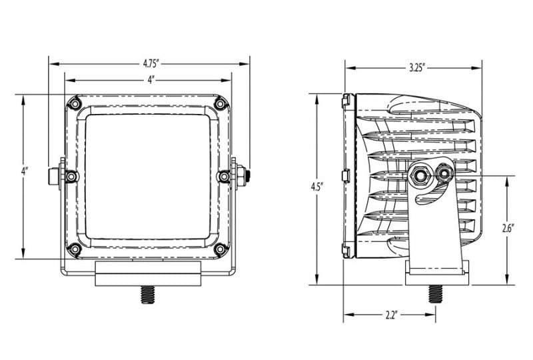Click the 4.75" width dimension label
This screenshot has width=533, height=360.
click(x=150, y=63)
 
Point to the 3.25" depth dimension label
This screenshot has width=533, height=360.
click(x=417, y=68)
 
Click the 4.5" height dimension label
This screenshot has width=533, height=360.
click(x=316, y=187)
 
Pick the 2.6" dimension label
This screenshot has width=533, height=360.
click(x=507, y=229)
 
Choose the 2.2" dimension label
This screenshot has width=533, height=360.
click(x=391, y=315)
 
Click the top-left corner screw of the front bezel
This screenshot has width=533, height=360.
click(x=74, y=103)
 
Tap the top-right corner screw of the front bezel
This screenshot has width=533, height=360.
click(x=221, y=103)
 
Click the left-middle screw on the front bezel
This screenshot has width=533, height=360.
click(x=71, y=176)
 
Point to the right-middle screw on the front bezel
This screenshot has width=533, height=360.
click(x=223, y=176)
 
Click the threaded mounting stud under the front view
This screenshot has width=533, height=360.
click(x=148, y=295)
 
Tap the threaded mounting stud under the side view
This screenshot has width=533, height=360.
click(x=436, y=293)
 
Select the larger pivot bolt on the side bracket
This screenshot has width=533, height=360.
click(x=420, y=175)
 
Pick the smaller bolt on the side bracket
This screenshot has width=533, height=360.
click(x=444, y=173)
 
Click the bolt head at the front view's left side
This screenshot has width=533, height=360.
click(x=54, y=176)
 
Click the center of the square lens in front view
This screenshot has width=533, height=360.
click(x=147, y=177)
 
